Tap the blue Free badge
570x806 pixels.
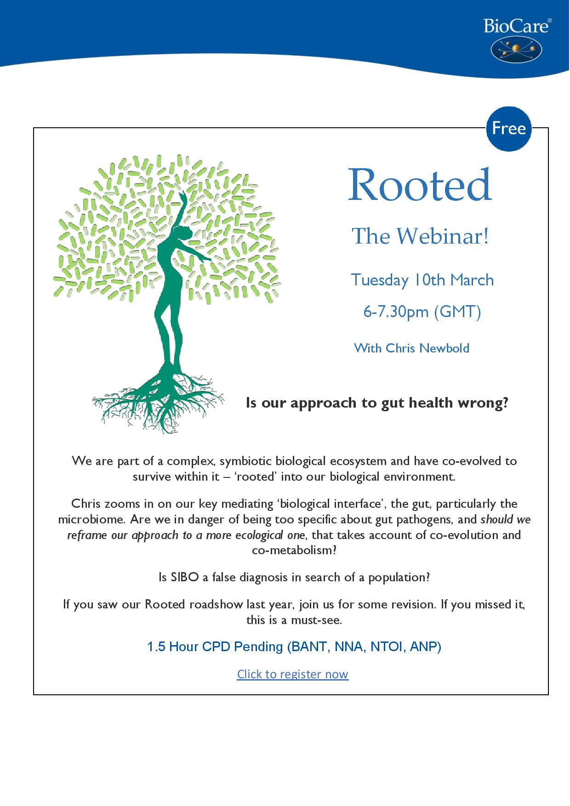[509, 128]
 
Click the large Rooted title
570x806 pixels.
[420, 185]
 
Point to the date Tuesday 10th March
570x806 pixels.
[422, 280]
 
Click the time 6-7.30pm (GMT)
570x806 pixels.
[422, 312]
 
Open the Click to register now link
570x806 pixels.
[293, 674]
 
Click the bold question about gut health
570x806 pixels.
[377, 403]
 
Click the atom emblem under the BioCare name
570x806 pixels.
[516, 49]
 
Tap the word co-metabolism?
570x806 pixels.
[295, 551]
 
